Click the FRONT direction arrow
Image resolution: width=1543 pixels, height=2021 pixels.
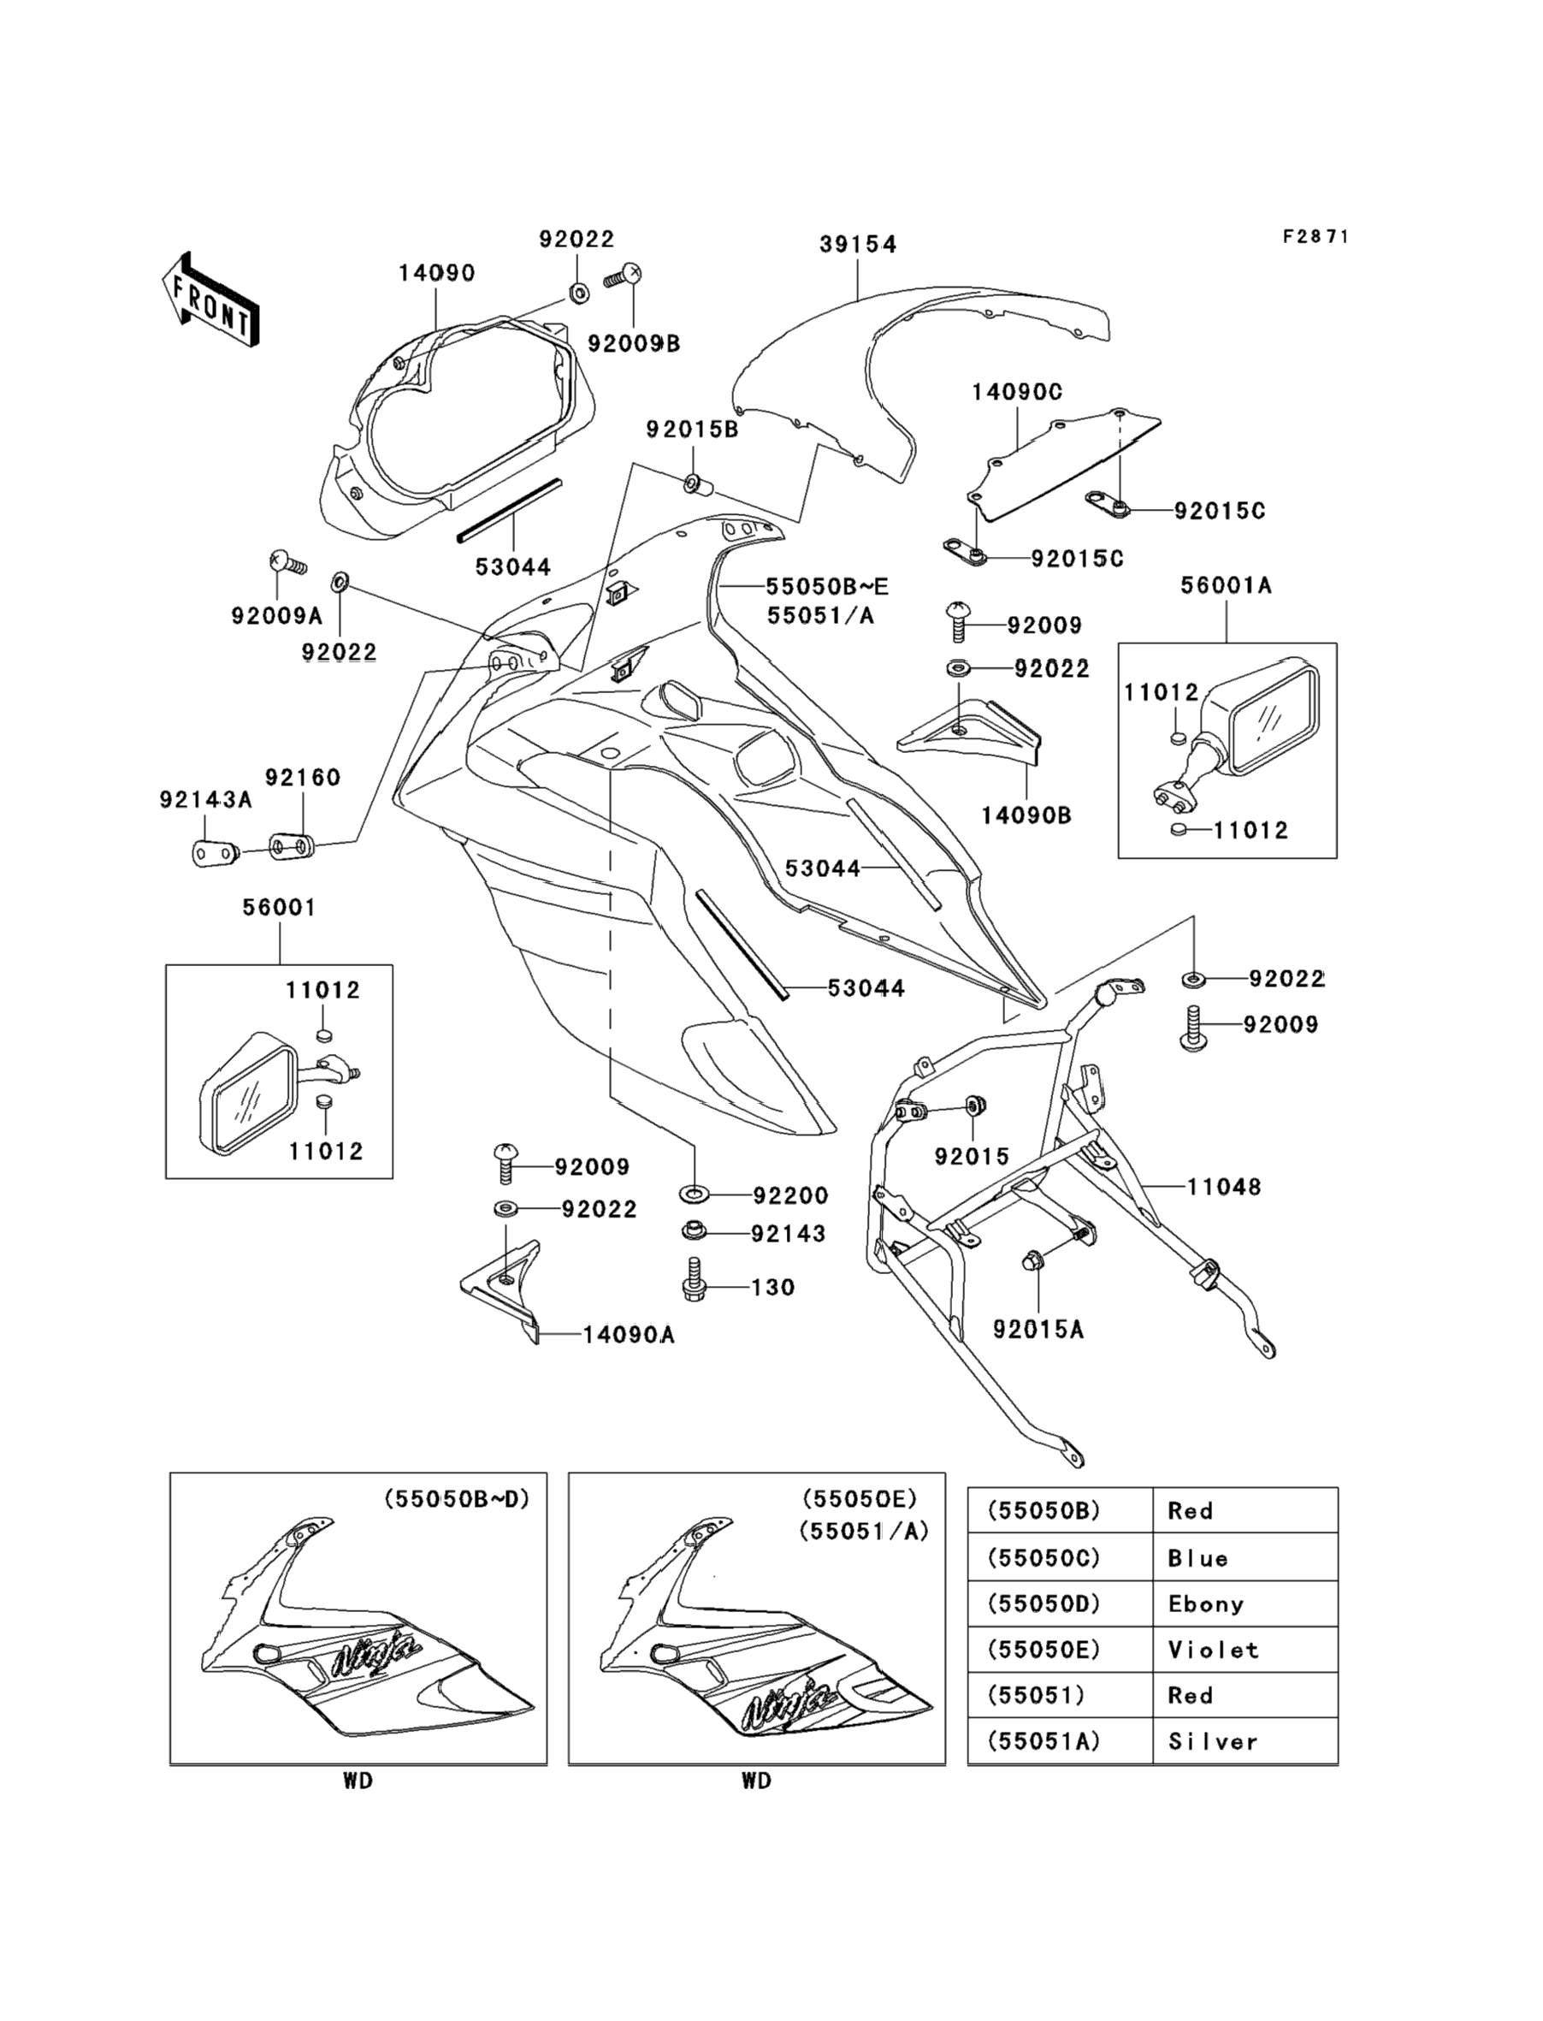pos(210,299)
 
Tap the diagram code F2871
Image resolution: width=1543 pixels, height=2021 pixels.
pos(1316,237)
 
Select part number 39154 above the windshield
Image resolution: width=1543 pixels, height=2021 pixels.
pos(858,245)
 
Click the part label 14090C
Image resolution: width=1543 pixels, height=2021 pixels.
pos(1018,392)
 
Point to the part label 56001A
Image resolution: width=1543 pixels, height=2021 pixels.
pos(1227,585)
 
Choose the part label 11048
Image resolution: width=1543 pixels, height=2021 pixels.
pos(1223,1187)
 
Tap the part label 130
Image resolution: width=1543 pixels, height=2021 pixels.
pos(773,1287)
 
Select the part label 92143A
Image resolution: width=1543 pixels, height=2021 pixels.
pos(206,799)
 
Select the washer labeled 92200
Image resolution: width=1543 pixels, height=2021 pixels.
pos(695,1194)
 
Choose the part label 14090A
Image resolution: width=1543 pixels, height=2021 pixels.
pos(630,1335)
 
